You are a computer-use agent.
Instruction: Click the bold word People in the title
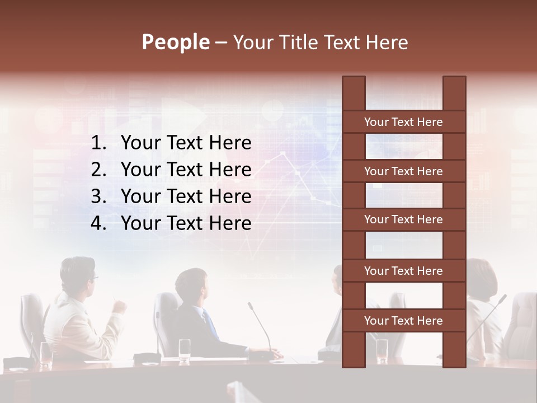point(175,42)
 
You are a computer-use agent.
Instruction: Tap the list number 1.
point(98,143)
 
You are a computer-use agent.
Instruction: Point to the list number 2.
point(98,170)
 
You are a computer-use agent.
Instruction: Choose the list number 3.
point(98,196)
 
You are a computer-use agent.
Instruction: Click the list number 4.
point(98,223)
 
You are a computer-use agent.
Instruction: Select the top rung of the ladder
point(403,122)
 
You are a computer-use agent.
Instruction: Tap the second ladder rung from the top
point(403,171)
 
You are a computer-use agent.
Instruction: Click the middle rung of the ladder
point(403,220)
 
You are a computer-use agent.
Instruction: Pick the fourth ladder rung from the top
point(403,271)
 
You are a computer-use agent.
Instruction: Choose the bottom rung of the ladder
point(403,321)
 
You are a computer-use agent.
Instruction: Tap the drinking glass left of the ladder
point(185,350)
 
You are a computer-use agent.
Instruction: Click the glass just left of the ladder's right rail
point(381,350)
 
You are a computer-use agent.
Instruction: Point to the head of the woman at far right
point(482,277)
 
